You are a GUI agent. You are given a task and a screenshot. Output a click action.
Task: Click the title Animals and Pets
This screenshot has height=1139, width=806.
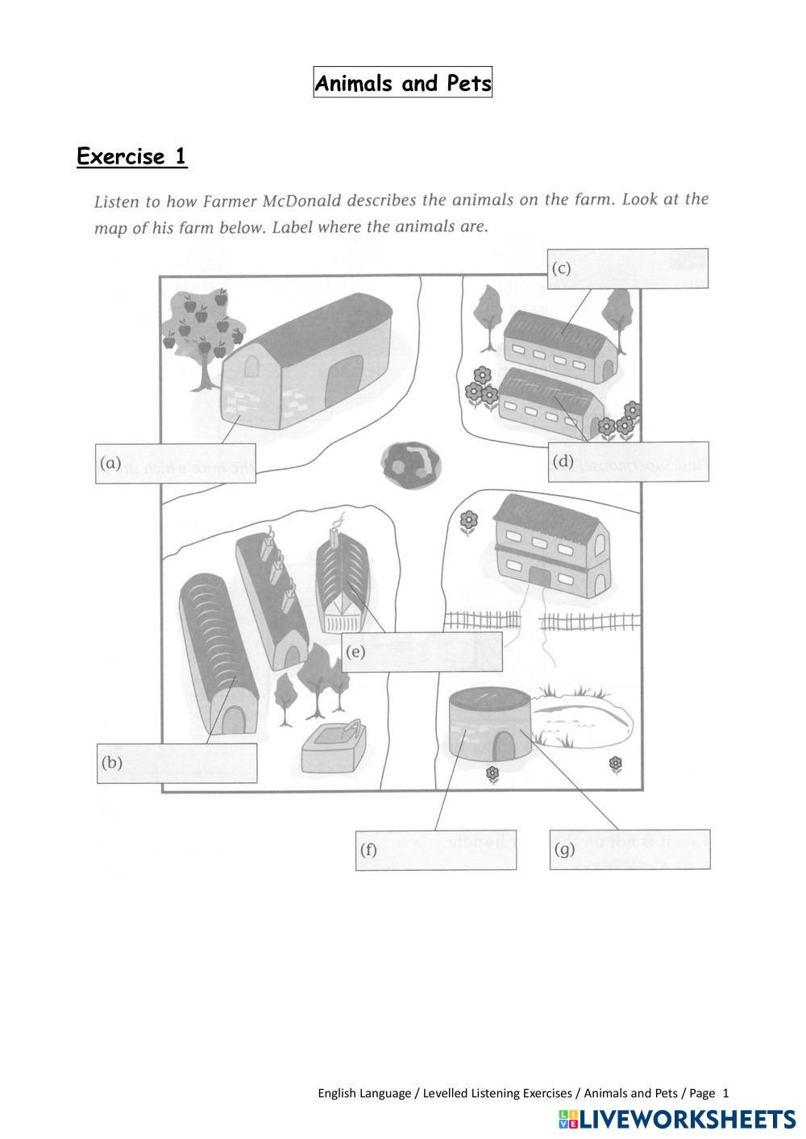[x=402, y=83]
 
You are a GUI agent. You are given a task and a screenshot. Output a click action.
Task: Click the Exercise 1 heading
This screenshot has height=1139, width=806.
[x=132, y=156]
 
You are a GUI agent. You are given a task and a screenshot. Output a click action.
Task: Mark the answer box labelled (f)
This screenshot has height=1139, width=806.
[x=436, y=850]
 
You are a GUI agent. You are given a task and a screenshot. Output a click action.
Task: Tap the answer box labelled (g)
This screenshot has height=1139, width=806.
[x=629, y=850]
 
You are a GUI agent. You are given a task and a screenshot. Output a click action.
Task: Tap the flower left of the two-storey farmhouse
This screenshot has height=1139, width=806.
[x=468, y=522]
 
